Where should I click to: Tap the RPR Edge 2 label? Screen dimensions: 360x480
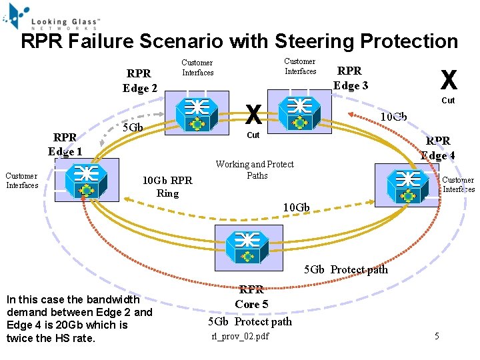pyautogui.click(x=140, y=81)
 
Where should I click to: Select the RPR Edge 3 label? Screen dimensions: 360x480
pyautogui.click(x=350, y=78)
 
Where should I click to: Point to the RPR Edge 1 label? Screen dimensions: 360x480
pyautogui.click(x=65, y=144)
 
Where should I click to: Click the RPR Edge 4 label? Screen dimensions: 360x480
pyautogui.click(x=438, y=148)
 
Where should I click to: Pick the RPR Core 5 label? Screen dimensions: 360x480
pyautogui.click(x=251, y=297)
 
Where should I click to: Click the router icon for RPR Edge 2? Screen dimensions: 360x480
pyautogui.click(x=198, y=114)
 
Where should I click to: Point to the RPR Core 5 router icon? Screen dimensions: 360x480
pyautogui.click(x=247, y=247)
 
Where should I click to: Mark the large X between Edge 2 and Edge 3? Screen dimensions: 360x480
pyautogui.click(x=253, y=115)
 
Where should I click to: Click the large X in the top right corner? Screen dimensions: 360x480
pyautogui.click(x=449, y=80)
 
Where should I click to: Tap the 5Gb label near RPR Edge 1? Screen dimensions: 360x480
pyautogui.click(x=133, y=127)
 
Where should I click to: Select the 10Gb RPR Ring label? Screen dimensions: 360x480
pyautogui.click(x=168, y=187)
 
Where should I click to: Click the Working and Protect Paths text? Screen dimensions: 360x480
pyautogui.click(x=255, y=170)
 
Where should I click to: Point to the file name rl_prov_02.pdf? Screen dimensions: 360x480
pyautogui.click(x=240, y=336)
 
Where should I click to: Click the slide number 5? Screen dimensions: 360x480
pyautogui.click(x=437, y=336)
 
